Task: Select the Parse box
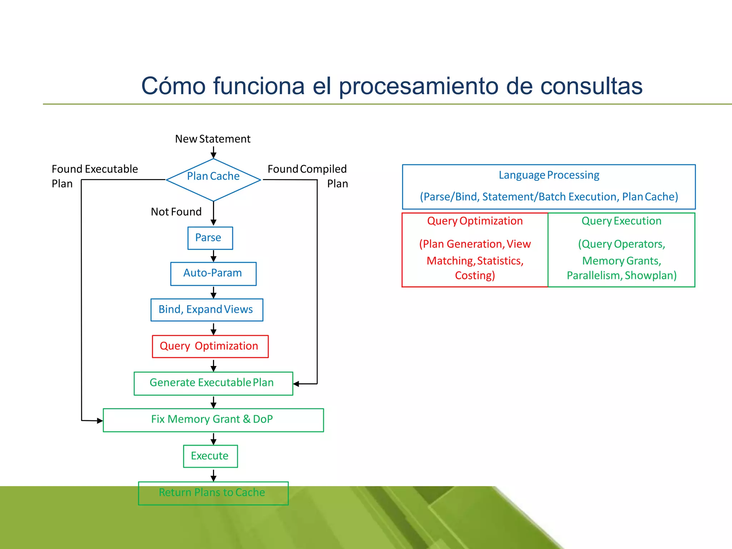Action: [210, 238]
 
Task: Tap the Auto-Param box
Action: [213, 273]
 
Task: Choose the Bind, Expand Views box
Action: [207, 310]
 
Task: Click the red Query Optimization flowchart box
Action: [210, 346]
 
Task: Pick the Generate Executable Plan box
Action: [213, 383]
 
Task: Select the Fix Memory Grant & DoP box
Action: [213, 420]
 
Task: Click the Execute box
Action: [210, 456]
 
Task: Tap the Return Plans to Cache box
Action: [213, 493]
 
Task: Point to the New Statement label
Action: [213, 139]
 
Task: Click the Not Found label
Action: [176, 212]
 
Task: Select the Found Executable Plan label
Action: [94, 175]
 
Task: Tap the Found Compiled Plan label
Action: [307, 175]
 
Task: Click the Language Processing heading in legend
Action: [549, 175]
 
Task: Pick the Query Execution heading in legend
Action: [621, 221]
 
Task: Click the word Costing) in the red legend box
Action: [475, 276]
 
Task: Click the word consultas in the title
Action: [591, 86]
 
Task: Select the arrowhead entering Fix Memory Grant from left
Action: [100, 421]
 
